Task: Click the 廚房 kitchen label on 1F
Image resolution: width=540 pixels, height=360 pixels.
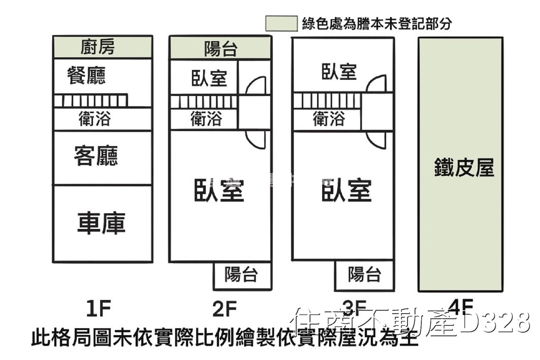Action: click(98, 47)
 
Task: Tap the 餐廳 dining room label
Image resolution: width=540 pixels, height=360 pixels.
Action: click(86, 75)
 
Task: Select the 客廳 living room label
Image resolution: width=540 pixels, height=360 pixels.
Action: click(96, 156)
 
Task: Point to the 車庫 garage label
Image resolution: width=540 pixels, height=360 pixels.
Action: click(101, 223)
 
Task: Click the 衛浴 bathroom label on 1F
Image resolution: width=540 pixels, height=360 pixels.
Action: click(95, 119)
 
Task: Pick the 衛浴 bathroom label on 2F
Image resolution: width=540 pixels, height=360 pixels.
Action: click(206, 119)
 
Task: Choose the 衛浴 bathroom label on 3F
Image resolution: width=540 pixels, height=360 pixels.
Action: click(329, 119)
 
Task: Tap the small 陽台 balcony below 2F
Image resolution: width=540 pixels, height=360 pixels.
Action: click(242, 274)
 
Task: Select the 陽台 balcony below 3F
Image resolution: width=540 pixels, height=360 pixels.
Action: click(364, 274)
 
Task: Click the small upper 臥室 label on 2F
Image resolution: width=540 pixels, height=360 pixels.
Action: click(209, 78)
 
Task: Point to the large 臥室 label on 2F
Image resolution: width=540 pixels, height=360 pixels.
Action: click(219, 191)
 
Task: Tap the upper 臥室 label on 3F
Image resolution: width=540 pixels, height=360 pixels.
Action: click(339, 72)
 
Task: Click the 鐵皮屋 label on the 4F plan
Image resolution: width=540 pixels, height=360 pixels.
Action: click(464, 167)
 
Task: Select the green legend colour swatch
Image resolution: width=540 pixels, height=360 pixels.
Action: click(281, 24)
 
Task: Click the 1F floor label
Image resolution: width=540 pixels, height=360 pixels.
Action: click(99, 308)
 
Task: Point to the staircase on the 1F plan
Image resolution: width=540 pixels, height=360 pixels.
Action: click(90, 101)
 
